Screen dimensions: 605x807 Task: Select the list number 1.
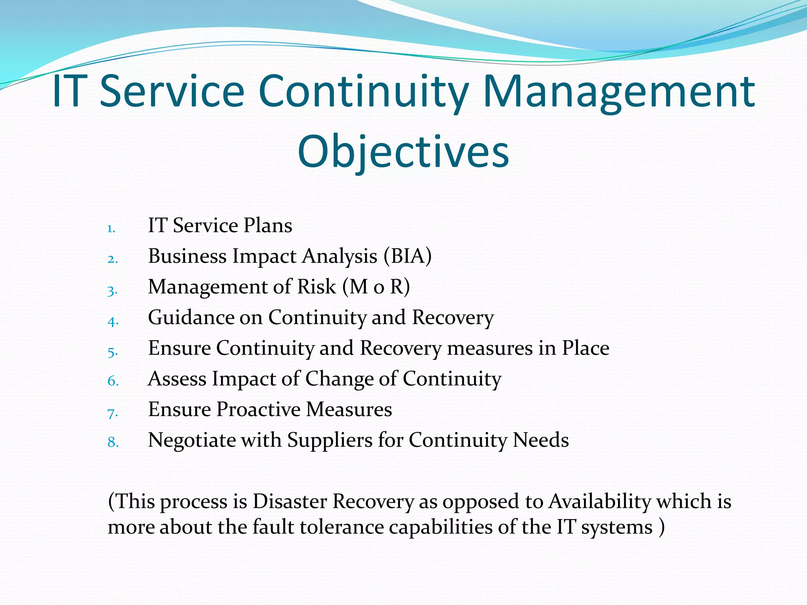coord(111,229)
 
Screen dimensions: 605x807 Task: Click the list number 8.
coord(113,442)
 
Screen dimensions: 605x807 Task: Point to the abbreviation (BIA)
coord(407,256)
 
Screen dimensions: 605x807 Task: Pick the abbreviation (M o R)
coord(376,287)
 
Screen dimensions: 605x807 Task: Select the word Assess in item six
coord(177,379)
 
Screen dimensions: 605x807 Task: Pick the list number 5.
coord(112,352)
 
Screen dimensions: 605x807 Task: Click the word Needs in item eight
coord(541,440)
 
